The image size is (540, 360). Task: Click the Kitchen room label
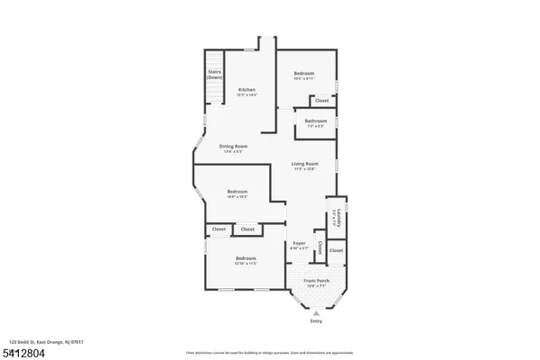pyautogui.click(x=247, y=90)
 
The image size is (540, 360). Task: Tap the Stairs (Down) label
pyautogui.click(x=214, y=74)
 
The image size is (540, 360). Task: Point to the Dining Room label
pyautogui.click(x=233, y=146)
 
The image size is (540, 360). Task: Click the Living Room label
pyautogui.click(x=304, y=163)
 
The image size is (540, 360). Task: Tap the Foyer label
pyautogui.click(x=301, y=244)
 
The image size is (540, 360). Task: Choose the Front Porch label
pyautogui.click(x=316, y=281)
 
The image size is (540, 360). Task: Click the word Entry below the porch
pyautogui.click(x=315, y=320)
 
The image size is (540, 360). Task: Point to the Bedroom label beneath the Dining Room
pyautogui.click(x=238, y=191)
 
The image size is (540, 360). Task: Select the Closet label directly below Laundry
pyautogui.click(x=336, y=249)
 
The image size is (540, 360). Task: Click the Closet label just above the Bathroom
pyautogui.click(x=321, y=100)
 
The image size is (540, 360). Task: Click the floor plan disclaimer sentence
pyautogui.click(x=269, y=351)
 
